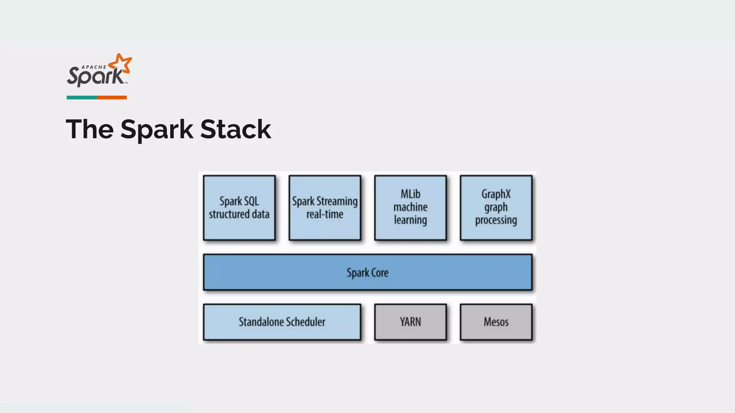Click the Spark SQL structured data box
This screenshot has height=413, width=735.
(239, 208)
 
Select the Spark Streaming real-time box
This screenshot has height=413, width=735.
(324, 208)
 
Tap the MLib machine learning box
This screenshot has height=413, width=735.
(410, 208)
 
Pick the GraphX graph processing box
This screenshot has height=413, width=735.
(496, 208)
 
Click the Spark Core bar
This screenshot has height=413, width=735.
(367, 272)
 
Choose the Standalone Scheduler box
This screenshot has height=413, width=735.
(282, 322)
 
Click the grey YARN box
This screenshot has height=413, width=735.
(410, 322)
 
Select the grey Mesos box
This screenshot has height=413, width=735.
(496, 322)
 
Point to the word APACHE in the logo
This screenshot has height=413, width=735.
(94, 67)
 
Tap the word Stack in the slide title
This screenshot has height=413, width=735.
(235, 129)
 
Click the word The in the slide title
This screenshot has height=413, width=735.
(90, 129)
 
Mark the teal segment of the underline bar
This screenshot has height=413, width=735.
(81, 98)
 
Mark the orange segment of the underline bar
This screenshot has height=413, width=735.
(112, 98)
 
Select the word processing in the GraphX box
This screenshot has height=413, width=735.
(496, 220)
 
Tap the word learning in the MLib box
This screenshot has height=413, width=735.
(410, 220)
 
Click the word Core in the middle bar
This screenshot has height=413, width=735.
(380, 273)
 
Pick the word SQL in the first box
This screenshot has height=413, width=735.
(251, 201)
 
